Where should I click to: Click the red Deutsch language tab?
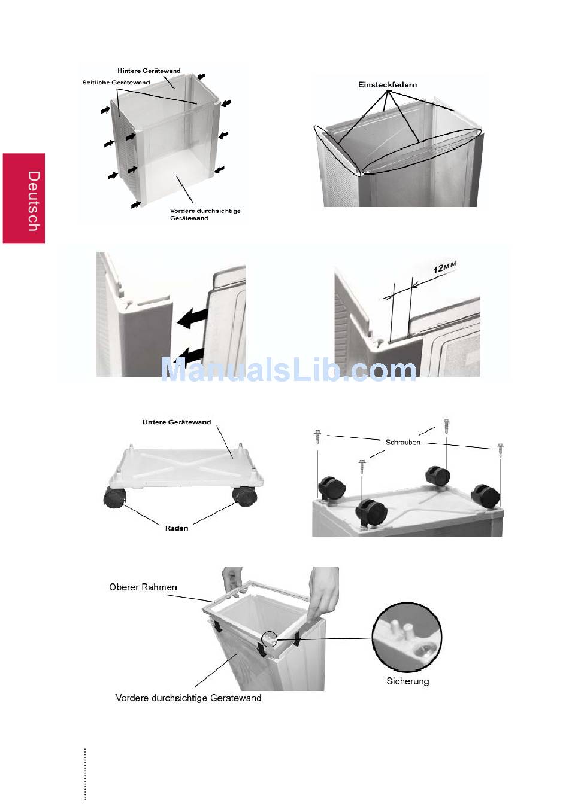tap(24, 199)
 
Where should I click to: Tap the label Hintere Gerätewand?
tap(149, 71)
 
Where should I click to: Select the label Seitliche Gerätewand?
tap(116, 82)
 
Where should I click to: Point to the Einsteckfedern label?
tap(388, 85)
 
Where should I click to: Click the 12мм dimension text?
tap(444, 267)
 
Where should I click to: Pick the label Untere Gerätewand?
tap(177, 422)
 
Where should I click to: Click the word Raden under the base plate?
tap(177, 528)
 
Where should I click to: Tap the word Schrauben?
tap(402, 442)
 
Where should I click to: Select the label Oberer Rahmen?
tap(143, 587)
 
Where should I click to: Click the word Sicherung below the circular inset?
tap(408, 681)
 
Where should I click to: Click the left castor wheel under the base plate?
tap(114, 498)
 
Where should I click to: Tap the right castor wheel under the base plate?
tap(244, 495)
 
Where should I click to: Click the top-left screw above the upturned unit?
tap(318, 437)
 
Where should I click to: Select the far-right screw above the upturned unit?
tap(500, 450)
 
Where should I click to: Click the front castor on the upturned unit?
tap(372, 512)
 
